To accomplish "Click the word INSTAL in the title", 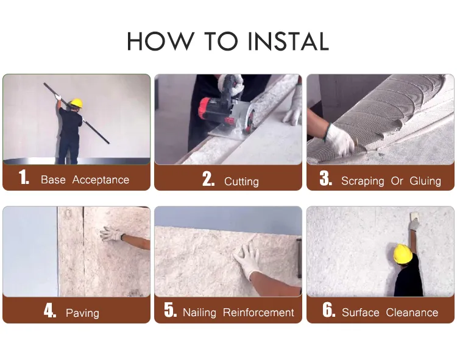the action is click(289, 41).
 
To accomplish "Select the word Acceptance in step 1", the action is click(101, 180).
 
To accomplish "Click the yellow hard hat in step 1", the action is click(76, 103).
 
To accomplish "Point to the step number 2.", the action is click(208, 178).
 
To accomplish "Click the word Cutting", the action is click(241, 182).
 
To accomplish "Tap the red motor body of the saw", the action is click(210, 111).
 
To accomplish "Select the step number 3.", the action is click(325, 178).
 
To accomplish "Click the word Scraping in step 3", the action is click(363, 181).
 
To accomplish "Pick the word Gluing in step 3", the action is click(425, 181).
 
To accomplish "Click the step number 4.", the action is click(50, 310).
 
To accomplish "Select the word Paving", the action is click(82, 313).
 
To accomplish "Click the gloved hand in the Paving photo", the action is click(112, 234).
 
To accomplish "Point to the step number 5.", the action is click(170, 309).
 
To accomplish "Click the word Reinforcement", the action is click(258, 312).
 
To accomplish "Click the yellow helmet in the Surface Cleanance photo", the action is click(403, 254).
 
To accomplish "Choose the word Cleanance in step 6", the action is click(412, 312).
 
